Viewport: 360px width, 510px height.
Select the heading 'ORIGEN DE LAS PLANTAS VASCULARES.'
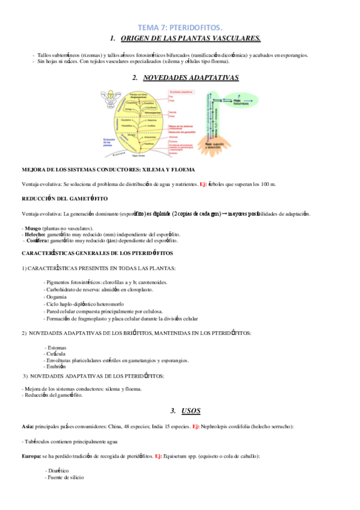click(x=191, y=38)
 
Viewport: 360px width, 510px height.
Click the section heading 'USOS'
click(x=191, y=411)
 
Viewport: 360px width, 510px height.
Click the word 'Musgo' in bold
click(x=34, y=229)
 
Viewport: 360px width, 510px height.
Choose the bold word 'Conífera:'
click(x=37, y=241)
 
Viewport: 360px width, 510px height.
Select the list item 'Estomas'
click(x=55, y=348)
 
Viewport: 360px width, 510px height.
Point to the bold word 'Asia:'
click(x=28, y=426)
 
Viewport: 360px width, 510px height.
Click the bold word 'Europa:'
click(x=31, y=456)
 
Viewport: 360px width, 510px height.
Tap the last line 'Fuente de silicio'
click(x=65, y=477)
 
